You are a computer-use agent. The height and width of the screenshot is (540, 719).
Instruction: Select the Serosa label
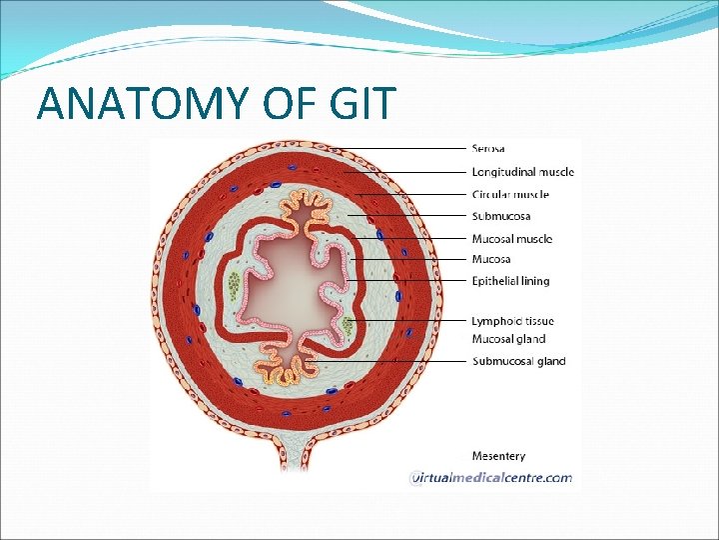488,149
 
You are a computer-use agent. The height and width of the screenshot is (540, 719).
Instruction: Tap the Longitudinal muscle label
522,172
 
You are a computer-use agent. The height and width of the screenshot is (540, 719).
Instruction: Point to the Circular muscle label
509,194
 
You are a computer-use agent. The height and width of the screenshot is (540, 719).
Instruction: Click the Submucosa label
500,216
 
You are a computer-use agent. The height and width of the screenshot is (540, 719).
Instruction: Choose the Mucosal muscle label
511,239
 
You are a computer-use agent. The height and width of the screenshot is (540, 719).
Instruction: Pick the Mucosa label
491,260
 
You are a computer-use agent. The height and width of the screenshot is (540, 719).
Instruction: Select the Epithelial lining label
510,281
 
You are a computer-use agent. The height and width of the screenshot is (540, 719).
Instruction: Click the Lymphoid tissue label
512,321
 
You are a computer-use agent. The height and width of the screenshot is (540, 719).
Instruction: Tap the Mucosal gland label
508,340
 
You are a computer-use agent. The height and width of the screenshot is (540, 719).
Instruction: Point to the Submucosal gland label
518,361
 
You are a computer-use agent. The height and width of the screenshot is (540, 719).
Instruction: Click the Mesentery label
498,457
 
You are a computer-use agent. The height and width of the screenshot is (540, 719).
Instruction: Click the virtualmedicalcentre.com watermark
491,478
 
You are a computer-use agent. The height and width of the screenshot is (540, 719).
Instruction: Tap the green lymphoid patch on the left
234,287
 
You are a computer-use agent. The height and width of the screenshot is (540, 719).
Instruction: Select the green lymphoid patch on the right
349,324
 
